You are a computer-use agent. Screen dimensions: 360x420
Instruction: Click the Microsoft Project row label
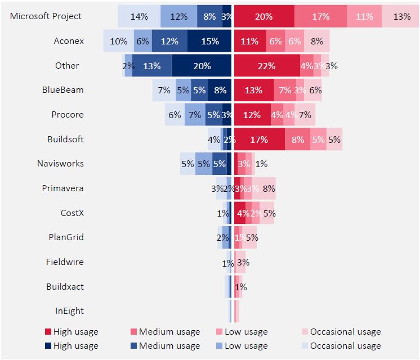point(46,16)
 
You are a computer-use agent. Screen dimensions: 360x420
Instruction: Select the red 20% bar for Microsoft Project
point(263,16)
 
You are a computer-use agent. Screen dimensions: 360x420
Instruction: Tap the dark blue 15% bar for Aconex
point(209,41)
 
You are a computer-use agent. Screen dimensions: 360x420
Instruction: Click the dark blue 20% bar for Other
point(202,66)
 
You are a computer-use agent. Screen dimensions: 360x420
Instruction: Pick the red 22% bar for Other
point(266,66)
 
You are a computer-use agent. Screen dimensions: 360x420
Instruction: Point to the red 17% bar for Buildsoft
point(259,139)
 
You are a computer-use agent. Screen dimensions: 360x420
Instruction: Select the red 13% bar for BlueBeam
point(253,90)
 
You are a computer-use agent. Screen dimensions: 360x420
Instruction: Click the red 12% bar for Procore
point(252,115)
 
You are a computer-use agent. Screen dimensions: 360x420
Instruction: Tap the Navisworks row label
point(60,164)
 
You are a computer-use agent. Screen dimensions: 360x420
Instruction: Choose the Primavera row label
point(62,188)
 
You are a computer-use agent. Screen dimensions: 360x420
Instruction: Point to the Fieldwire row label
point(65,262)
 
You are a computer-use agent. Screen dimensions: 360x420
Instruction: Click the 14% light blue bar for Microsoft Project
point(138,16)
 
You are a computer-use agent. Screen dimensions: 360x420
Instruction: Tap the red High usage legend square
point(48,332)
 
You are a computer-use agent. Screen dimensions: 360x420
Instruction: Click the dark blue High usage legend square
point(48,346)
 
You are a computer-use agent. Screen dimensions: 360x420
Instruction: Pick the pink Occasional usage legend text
point(345,332)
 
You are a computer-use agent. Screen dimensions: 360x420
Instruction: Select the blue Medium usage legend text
point(169,346)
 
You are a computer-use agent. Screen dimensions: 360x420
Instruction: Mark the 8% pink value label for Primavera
point(269,188)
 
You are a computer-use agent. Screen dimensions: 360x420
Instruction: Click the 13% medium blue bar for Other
point(151,66)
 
